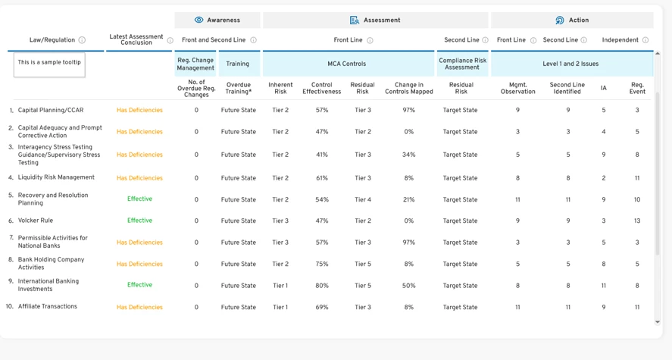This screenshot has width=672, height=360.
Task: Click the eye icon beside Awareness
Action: click(198, 20)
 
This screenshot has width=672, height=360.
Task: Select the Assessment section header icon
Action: click(355, 20)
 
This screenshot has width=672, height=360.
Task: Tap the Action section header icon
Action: click(560, 20)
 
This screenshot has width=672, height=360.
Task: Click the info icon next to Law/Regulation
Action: click(82, 40)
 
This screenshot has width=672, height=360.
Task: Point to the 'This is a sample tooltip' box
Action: click(49, 64)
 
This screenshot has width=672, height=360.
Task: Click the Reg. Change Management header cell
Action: click(195, 64)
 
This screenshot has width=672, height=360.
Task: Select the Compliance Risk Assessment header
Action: click(462, 64)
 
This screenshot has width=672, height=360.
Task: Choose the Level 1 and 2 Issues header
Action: click(570, 64)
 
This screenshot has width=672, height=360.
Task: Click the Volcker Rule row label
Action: click(36, 221)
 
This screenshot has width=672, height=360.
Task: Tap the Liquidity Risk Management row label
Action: click(56, 177)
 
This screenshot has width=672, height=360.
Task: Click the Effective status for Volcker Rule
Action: click(139, 221)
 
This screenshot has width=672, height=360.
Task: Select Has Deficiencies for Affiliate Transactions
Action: click(139, 307)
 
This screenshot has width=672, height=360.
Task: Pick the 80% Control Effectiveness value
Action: click(322, 286)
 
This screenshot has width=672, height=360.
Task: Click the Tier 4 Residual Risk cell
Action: click(363, 199)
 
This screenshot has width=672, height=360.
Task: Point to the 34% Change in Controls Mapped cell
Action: click(409, 155)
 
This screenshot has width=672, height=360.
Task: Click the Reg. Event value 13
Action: click(637, 221)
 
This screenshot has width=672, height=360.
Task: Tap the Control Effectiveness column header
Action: click(322, 88)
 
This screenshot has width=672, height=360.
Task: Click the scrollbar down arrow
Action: click(658, 322)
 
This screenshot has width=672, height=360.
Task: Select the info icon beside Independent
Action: click(645, 40)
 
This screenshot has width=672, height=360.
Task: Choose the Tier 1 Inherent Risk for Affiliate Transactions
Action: click(280, 307)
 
